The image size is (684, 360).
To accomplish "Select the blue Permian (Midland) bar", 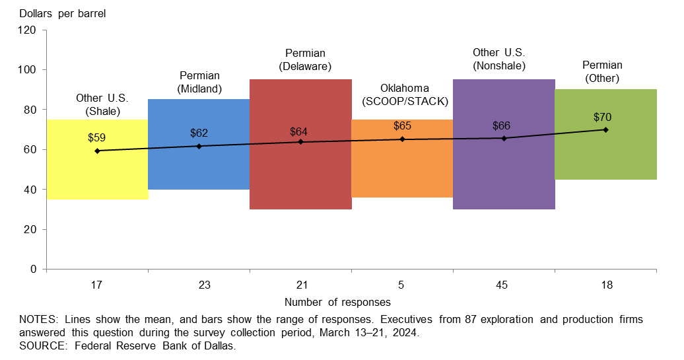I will [x=199, y=165].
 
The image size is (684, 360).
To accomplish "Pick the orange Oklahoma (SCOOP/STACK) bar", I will [x=402, y=165].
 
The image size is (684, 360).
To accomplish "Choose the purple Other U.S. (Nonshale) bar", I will [x=504, y=172].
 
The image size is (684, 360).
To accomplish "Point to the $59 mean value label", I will [x=97, y=138].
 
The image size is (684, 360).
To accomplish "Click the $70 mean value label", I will [x=602, y=118].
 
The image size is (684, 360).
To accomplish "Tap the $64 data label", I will [x=299, y=131].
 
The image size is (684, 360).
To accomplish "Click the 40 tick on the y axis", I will [x=29, y=190].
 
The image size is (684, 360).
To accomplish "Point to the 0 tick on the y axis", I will [x=32, y=270].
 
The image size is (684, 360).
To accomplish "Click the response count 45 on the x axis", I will [x=504, y=285].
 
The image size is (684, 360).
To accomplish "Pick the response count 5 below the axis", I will [x=402, y=285].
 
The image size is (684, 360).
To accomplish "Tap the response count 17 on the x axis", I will [x=97, y=285].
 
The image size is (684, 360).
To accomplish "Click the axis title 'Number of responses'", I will [x=337, y=303].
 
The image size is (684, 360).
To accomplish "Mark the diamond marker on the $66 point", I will [x=504, y=138].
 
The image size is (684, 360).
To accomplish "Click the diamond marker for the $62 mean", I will [x=199, y=146].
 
